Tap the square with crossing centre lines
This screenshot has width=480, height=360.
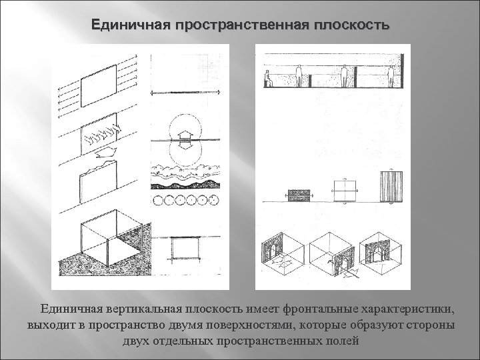tap(343, 189)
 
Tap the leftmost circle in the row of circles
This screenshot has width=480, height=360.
tap(157, 199)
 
